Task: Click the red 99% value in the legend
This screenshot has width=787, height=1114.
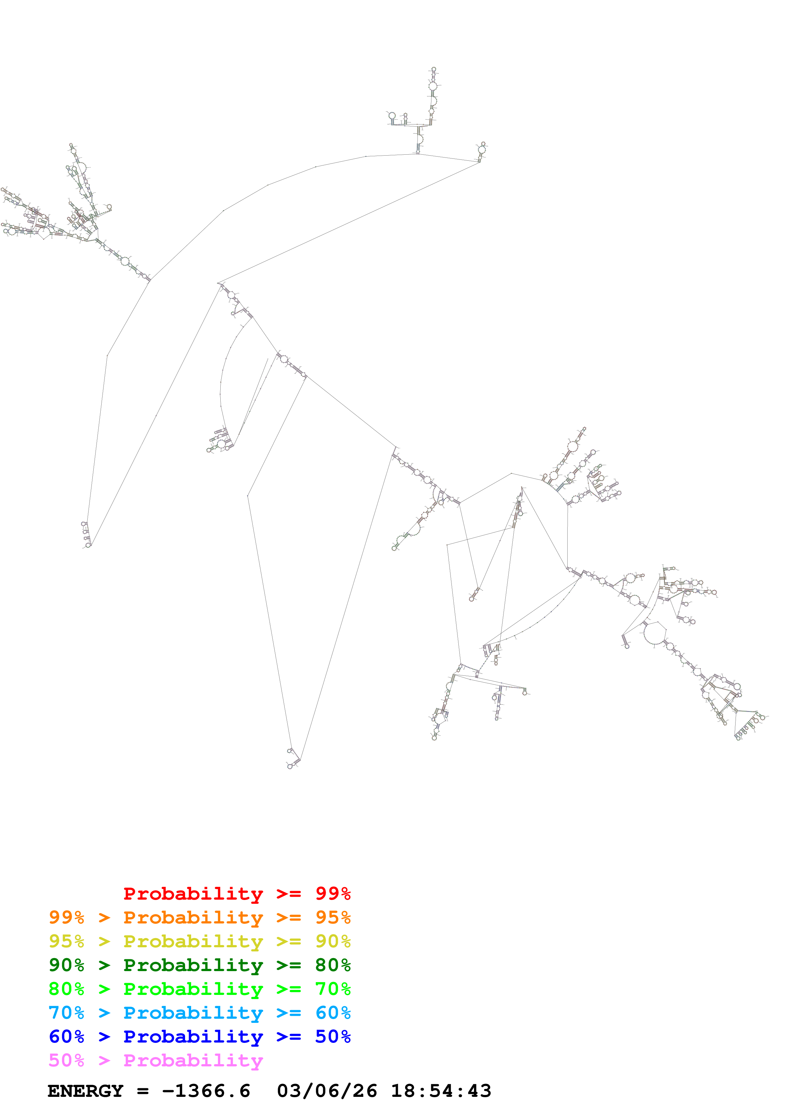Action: point(333,893)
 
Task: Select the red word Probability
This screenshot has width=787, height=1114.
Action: point(193,893)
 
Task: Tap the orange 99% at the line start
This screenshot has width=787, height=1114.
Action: point(66,917)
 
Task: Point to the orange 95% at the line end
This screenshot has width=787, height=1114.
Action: point(333,917)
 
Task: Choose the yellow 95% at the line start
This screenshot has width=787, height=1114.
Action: point(66,941)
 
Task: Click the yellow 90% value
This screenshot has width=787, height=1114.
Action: point(333,941)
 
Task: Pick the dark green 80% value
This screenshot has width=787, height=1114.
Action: point(333,965)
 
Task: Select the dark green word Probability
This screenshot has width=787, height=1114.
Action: point(193,965)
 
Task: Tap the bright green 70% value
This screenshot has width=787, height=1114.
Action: point(333,989)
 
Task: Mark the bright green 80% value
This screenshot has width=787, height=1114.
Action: point(66,989)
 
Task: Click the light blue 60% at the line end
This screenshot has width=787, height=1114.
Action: point(333,1013)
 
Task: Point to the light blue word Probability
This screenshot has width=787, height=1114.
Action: point(193,1013)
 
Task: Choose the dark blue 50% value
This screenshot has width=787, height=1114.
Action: point(333,1037)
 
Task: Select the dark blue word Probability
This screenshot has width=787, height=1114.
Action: point(193,1037)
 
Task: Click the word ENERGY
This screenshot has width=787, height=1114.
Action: point(85,1091)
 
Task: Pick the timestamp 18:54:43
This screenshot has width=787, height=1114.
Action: point(441,1091)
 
